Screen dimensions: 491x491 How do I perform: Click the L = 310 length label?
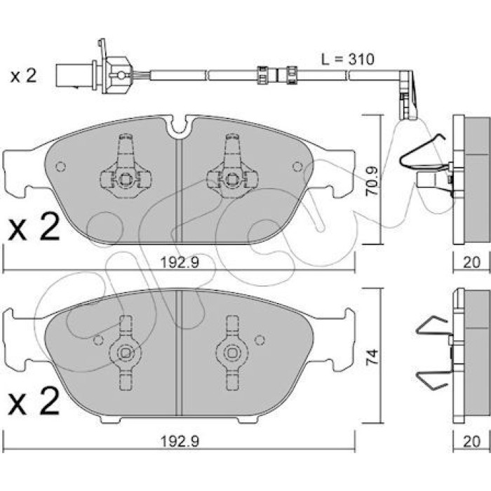point(348,59)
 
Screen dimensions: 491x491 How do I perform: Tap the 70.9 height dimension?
point(372,181)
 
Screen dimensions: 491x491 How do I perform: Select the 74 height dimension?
point(372,357)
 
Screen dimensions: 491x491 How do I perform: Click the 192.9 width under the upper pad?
point(180,262)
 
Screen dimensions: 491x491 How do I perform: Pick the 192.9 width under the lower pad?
point(180,441)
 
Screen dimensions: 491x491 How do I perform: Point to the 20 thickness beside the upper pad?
point(471,262)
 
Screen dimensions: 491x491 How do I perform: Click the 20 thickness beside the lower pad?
point(471,441)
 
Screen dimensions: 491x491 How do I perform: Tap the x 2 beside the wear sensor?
point(23,76)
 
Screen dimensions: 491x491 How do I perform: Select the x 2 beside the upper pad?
point(34,227)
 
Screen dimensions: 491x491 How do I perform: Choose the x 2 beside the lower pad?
point(34,401)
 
